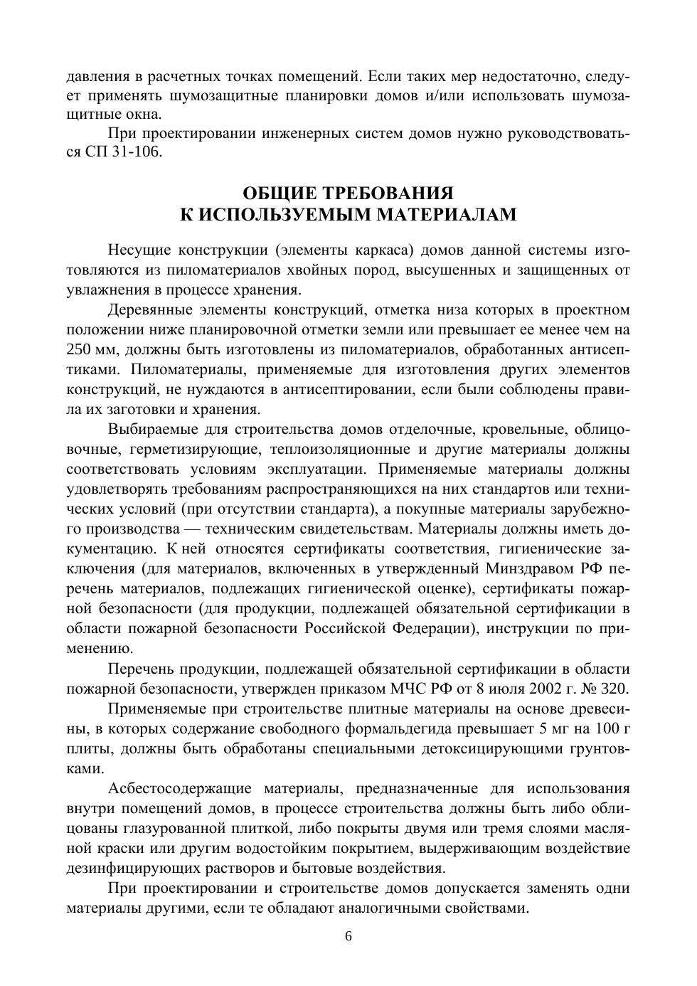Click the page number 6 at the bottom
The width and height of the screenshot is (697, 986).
click(348, 936)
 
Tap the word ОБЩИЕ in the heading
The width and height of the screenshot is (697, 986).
click(280, 194)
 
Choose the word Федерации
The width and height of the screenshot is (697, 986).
click(433, 629)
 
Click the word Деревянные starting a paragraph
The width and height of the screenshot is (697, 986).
click(151, 310)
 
